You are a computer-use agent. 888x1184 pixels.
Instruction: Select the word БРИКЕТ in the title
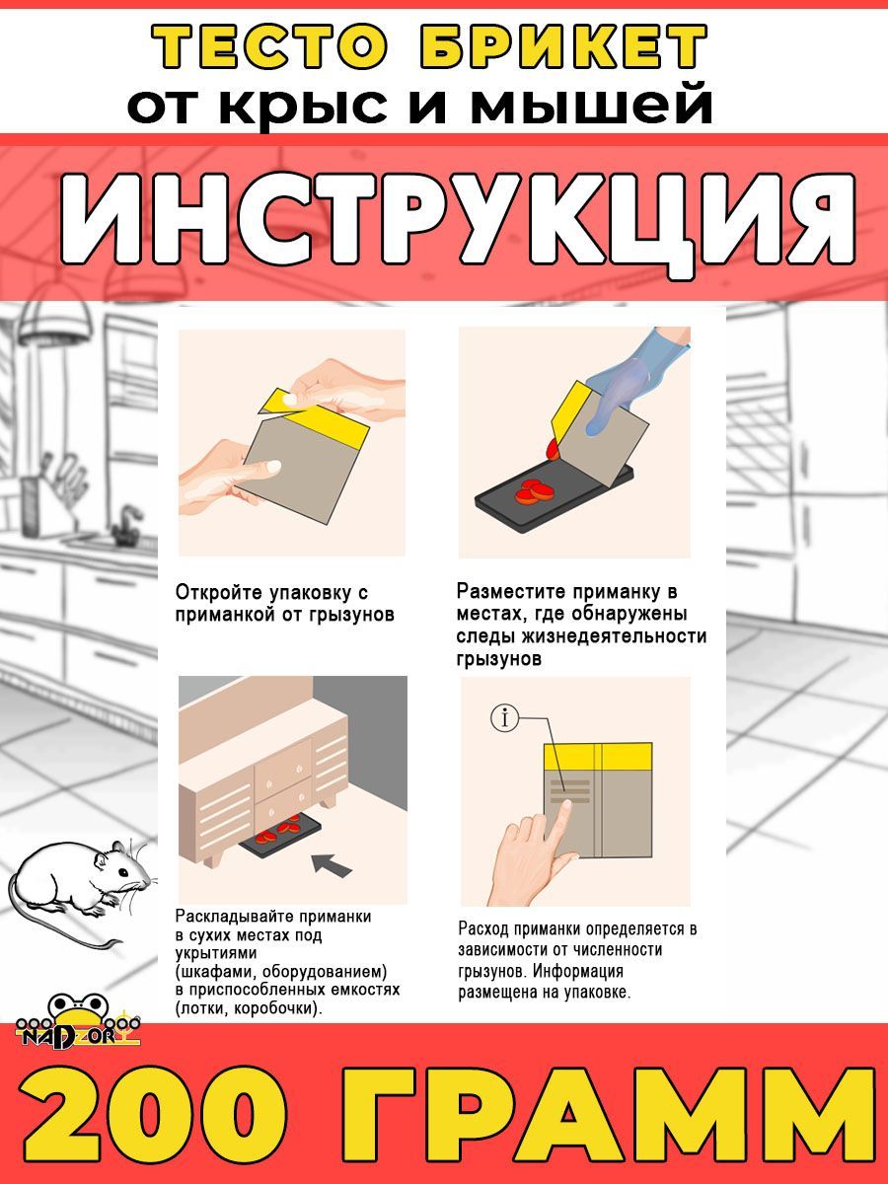pos(564,47)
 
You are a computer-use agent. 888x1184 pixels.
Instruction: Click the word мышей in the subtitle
pos(591,103)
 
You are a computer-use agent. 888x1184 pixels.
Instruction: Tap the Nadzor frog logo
pos(79,1021)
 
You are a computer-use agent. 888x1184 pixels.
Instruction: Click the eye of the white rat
pos(123,871)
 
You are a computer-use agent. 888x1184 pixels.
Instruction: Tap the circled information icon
pos(504,718)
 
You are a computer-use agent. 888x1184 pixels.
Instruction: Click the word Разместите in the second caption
pos(509,591)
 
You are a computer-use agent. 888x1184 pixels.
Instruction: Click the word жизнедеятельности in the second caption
pos(614,636)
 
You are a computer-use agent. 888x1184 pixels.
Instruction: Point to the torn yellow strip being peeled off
pos(280,400)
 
